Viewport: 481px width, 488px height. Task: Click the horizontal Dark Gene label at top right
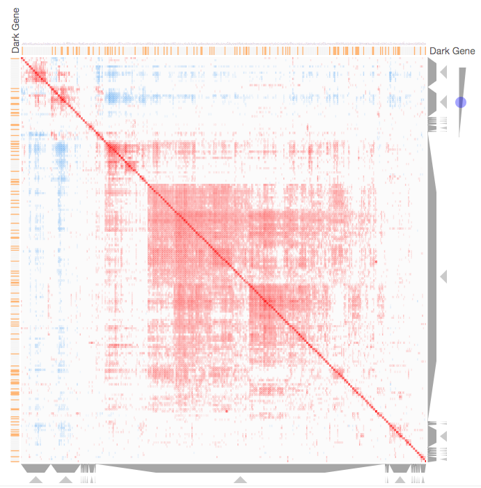[x=452, y=51]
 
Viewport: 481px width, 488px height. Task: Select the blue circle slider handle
[x=461, y=102]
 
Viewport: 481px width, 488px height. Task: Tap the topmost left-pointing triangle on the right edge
[x=441, y=72]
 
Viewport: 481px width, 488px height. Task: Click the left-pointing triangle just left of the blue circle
[x=442, y=102]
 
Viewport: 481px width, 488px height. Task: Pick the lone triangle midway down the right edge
[x=442, y=277]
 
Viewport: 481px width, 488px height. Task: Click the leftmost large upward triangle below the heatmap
[x=36, y=480]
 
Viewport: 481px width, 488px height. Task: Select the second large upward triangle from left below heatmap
[x=65, y=480]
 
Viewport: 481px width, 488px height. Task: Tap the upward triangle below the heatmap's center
[x=240, y=480]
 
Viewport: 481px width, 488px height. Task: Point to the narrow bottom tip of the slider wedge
[x=461, y=133]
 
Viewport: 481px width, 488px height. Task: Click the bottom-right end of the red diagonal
[x=424, y=459]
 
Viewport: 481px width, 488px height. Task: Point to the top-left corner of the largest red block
[x=149, y=185]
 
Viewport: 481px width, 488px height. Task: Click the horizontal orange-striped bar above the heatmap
[x=223, y=51]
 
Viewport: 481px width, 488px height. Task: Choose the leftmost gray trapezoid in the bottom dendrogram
[x=36, y=468]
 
